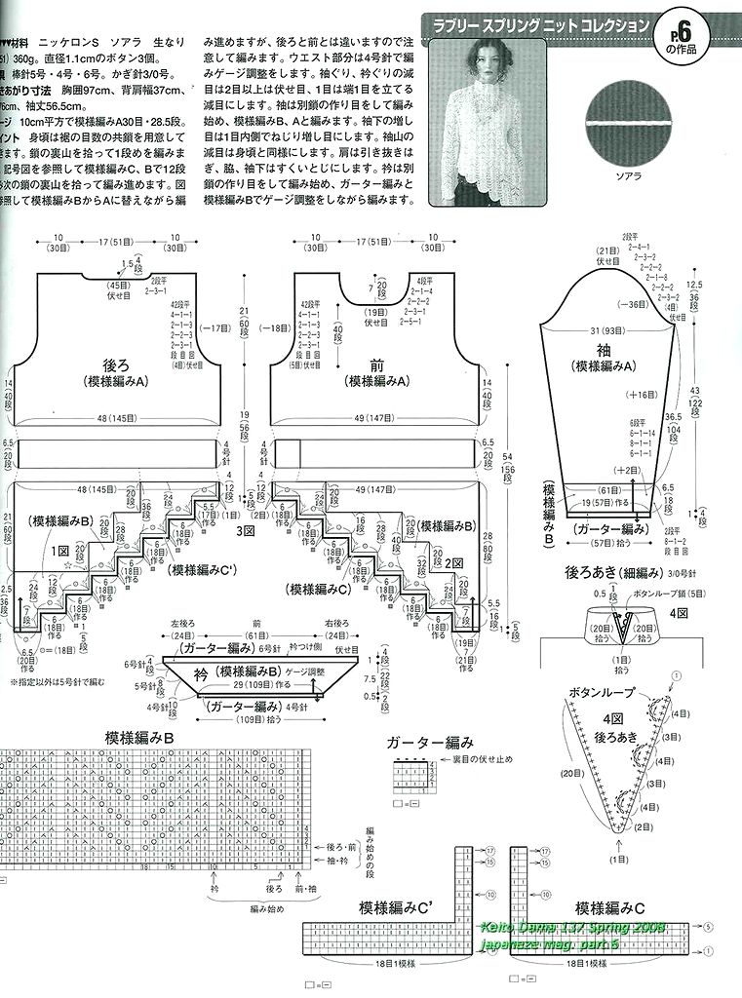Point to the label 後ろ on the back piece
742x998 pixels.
[115, 365]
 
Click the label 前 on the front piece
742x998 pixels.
[377, 365]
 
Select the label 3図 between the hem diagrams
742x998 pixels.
[244, 532]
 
